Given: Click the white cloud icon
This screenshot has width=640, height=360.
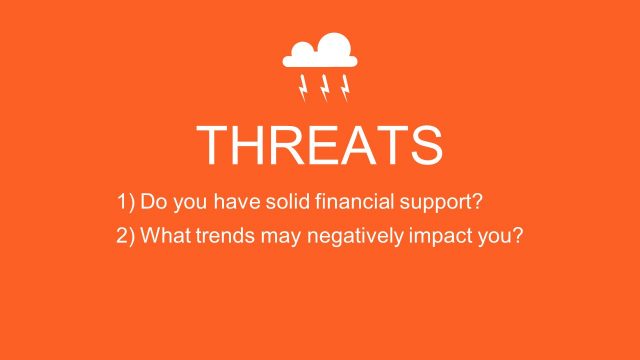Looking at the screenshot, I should click(x=320, y=51).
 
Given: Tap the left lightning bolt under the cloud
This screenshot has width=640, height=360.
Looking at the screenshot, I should click(x=303, y=88).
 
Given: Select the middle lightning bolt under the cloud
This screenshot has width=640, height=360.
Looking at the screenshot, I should click(x=324, y=88).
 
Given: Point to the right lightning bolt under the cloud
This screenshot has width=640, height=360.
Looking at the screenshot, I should click(x=345, y=88).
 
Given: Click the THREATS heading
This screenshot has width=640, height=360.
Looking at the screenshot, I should click(x=320, y=146).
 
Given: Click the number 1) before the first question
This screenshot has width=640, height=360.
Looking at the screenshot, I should click(x=125, y=202).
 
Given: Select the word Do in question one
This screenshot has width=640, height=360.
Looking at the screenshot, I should click(x=152, y=202).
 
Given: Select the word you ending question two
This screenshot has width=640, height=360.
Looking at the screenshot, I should click(x=503, y=238).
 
